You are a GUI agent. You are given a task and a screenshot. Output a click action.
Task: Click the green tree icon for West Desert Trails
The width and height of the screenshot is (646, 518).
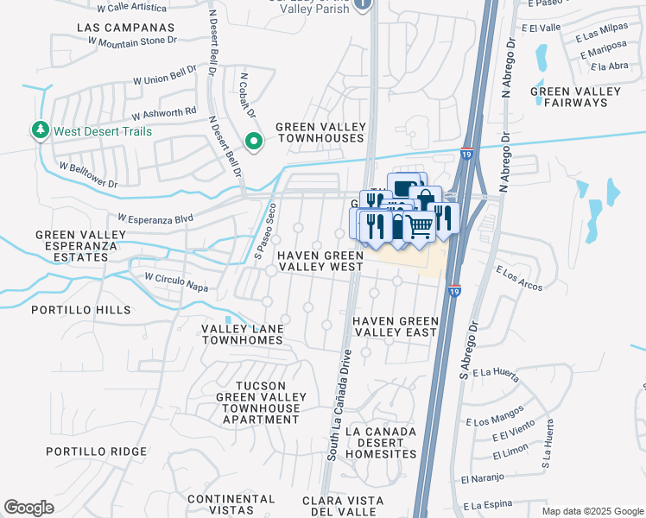(x=40, y=130)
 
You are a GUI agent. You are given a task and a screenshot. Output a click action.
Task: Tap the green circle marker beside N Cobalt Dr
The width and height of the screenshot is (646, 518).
(x=253, y=141)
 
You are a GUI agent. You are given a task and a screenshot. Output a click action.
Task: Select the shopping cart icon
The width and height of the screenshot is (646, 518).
(x=419, y=227)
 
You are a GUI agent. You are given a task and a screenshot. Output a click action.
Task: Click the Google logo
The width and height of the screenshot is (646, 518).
(x=28, y=508)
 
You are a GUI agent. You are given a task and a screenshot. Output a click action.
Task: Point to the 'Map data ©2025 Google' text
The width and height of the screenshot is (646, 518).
(x=592, y=511)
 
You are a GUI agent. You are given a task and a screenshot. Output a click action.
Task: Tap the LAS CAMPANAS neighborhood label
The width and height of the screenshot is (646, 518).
(x=125, y=28)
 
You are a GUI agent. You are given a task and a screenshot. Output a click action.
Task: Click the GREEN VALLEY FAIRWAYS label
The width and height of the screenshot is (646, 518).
(x=569, y=97)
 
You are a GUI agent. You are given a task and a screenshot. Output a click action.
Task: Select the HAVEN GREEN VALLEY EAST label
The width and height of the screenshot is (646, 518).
(x=396, y=326)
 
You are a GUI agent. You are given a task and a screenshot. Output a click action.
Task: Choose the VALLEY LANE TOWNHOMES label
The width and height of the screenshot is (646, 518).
(x=242, y=334)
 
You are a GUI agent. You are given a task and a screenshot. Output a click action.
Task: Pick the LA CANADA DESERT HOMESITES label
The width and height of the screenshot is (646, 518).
(x=381, y=442)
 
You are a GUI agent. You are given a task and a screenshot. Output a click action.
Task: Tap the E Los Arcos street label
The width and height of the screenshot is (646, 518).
(x=517, y=277)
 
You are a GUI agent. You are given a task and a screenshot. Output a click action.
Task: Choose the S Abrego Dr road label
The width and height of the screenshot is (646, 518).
(x=470, y=346)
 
